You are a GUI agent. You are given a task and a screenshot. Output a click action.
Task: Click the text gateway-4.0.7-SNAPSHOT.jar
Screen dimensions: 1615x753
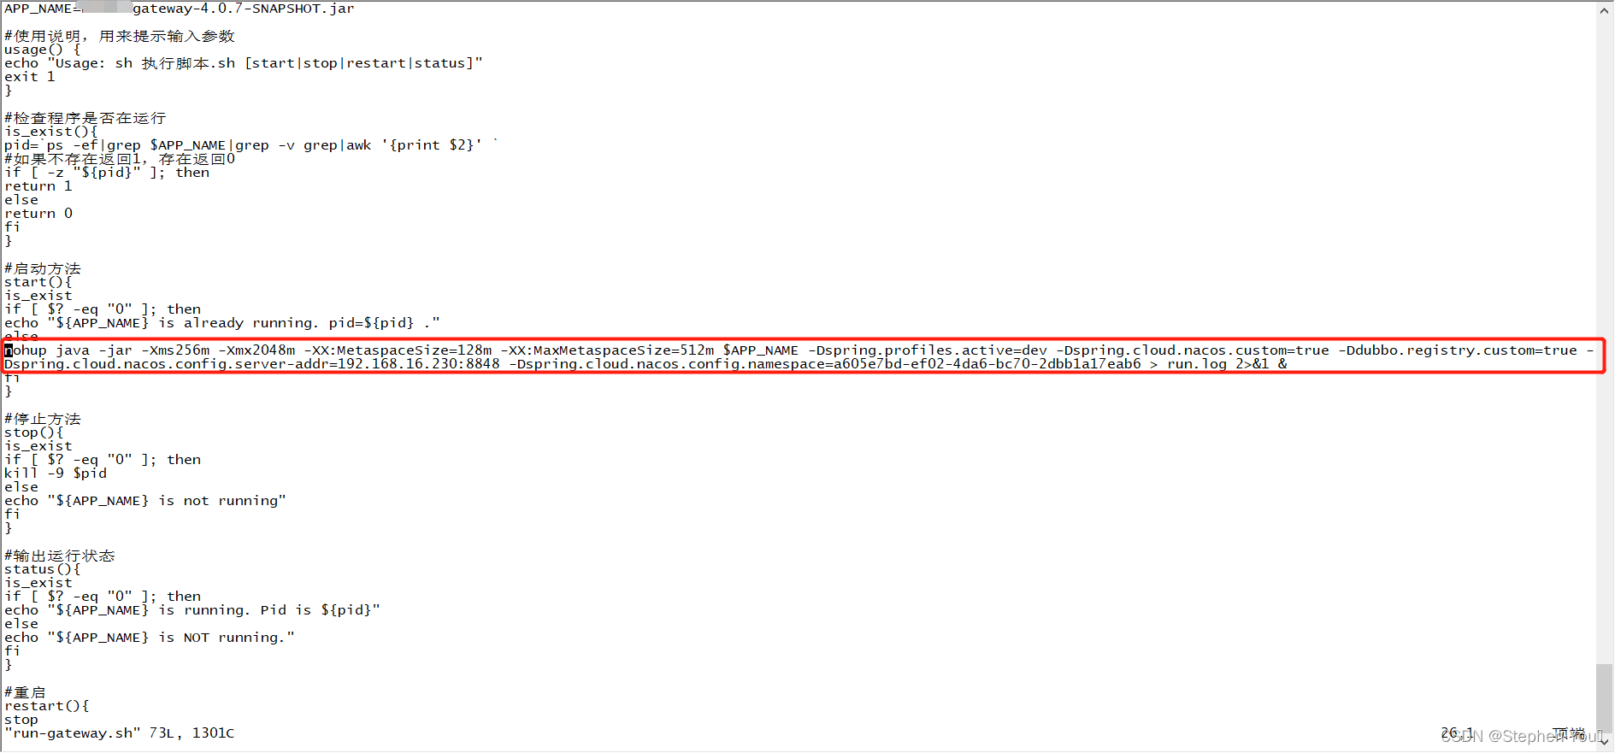click(x=243, y=9)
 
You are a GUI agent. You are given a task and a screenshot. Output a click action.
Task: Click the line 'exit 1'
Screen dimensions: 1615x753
click(x=30, y=77)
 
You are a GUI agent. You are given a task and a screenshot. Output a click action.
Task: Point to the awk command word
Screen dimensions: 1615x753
click(x=358, y=145)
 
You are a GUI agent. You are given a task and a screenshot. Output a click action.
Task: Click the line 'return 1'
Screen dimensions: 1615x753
click(x=38, y=186)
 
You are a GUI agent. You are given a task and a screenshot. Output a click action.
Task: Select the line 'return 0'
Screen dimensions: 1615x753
click(x=38, y=214)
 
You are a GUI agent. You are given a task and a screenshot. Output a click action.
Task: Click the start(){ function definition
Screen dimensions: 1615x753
click(x=38, y=282)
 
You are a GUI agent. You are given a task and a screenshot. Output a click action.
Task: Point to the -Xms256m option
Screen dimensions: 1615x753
click(x=175, y=350)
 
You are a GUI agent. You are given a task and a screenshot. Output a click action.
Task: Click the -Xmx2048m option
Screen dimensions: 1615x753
click(x=256, y=350)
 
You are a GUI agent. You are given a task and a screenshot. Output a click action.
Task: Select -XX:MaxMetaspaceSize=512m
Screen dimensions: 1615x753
click(x=607, y=350)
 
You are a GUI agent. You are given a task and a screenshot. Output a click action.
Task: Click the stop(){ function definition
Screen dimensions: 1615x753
click(x=34, y=432)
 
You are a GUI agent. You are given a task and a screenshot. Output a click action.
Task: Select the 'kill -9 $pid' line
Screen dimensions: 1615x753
click(x=56, y=474)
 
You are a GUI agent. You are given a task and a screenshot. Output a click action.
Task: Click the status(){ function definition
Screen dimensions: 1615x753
click(x=43, y=569)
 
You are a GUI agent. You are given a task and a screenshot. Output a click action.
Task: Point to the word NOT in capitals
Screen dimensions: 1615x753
click(x=196, y=638)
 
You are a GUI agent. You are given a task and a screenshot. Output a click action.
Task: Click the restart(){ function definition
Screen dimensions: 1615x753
click(x=47, y=706)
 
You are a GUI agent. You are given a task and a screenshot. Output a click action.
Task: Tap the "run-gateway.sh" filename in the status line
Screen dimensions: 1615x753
click(x=73, y=733)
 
